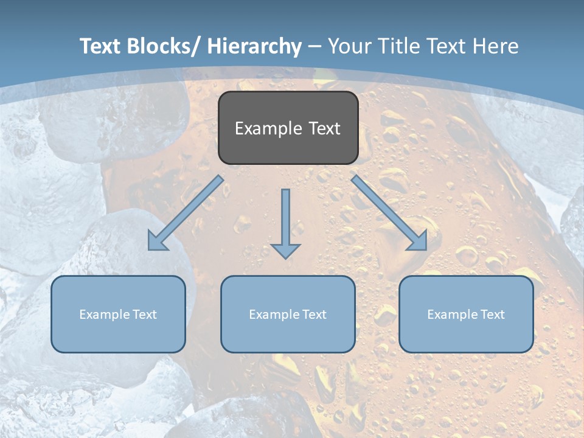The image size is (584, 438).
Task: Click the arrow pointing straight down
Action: [286, 223]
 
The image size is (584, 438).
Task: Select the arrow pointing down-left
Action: [186, 213]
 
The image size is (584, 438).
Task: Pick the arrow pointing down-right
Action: [389, 213]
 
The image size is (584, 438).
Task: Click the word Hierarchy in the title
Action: [254, 47]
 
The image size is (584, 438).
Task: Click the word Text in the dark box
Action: [324, 129]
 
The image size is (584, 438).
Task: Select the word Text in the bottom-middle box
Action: [312, 315]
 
